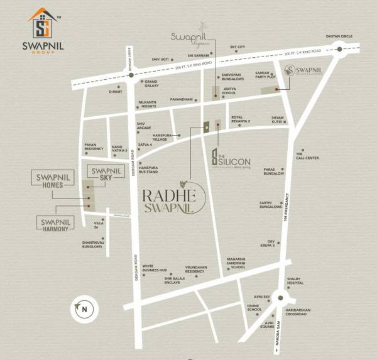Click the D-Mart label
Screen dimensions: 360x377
coord(116,92)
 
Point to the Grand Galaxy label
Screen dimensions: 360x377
coord(151,84)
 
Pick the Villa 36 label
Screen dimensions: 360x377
coord(99,226)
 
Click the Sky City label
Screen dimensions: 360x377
coord(237,47)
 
